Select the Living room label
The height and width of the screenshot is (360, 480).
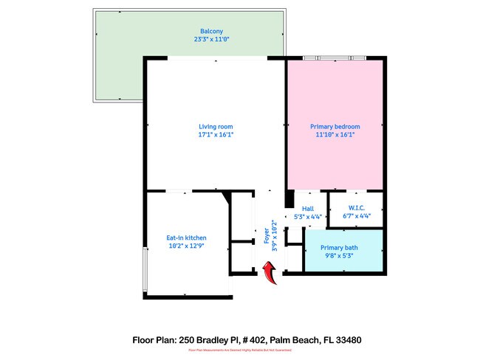pos(216,127)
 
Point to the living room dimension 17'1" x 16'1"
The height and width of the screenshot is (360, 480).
pos(216,135)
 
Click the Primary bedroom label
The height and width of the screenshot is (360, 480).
pos(334,127)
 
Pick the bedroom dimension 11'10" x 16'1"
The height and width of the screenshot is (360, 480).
pos(334,135)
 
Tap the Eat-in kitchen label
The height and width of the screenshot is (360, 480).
pos(185,238)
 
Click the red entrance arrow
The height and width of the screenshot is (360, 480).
pos(268,275)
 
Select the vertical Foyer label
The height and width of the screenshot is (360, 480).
pos(267,235)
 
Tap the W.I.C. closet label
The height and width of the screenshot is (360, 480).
pos(356,209)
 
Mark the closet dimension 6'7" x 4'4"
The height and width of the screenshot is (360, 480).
pos(356,217)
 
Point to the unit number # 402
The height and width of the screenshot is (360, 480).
pos(251,340)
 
